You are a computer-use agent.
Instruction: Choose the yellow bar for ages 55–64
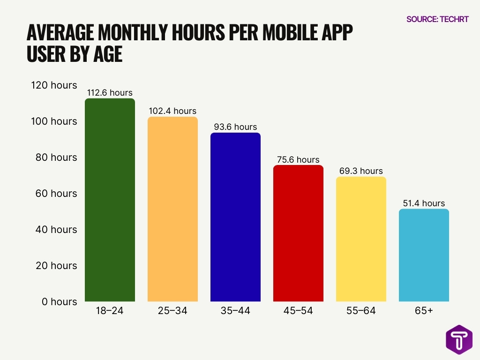point(361,239)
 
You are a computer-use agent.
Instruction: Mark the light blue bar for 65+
point(424,255)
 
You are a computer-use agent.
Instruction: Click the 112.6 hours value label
point(110,93)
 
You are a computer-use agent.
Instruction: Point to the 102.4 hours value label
point(172,111)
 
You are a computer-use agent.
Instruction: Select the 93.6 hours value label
point(235,127)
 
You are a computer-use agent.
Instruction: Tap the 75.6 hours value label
point(298,160)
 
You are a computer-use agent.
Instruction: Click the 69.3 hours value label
point(361,171)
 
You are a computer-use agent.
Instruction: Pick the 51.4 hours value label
point(424,203)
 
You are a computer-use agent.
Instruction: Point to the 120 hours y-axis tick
point(54,85)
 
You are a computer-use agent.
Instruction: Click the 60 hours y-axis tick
point(57,194)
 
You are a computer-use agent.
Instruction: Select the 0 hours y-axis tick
point(59,302)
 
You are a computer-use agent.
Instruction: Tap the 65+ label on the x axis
point(424,310)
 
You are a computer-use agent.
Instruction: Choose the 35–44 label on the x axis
point(235,310)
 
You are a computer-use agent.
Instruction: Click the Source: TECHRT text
point(437,19)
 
